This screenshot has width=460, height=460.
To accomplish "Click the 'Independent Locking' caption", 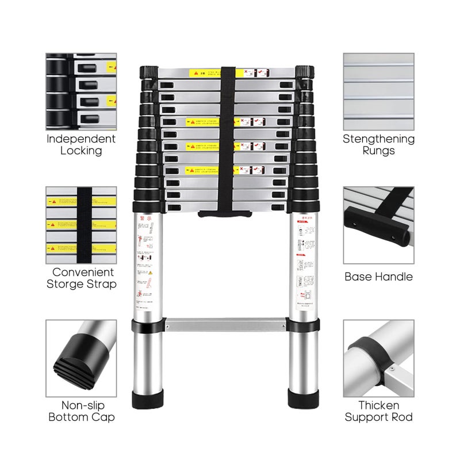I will (81, 145).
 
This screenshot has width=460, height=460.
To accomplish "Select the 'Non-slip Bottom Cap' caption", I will (81, 411).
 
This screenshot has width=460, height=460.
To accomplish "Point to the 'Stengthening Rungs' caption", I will (378, 145).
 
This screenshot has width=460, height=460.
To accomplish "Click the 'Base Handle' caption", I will (378, 277).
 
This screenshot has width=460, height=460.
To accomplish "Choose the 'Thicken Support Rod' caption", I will (378, 411).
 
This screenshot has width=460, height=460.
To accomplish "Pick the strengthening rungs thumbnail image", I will (378, 91).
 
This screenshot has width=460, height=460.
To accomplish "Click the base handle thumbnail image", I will (378, 224).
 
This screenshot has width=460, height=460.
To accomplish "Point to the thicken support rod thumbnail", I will (378, 358).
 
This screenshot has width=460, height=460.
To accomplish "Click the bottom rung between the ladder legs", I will (225, 324).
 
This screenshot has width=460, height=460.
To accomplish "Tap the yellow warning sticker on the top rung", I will (204, 74).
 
